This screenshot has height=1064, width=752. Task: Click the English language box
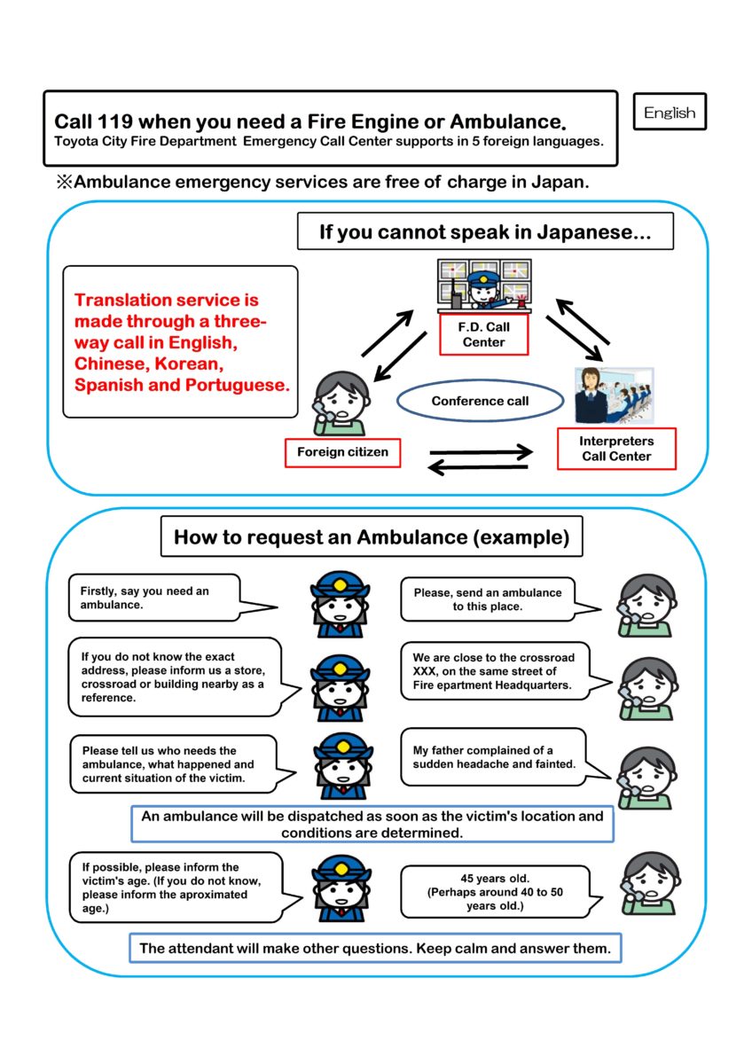(670, 112)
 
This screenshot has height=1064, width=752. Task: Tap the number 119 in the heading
(115, 121)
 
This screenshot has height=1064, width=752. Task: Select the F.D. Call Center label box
(483, 334)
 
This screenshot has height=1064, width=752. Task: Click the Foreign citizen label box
(342, 452)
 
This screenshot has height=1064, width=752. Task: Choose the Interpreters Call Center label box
(616, 449)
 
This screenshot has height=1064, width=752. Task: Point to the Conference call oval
(480, 401)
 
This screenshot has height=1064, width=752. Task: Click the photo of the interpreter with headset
(614, 395)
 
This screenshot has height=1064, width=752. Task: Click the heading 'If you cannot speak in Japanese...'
(485, 231)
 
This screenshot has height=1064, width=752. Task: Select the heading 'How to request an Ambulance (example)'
(372, 536)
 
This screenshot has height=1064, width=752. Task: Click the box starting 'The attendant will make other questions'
(375, 948)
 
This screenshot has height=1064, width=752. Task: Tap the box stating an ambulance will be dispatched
(372, 824)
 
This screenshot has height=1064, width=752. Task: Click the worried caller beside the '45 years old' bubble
(650, 884)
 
